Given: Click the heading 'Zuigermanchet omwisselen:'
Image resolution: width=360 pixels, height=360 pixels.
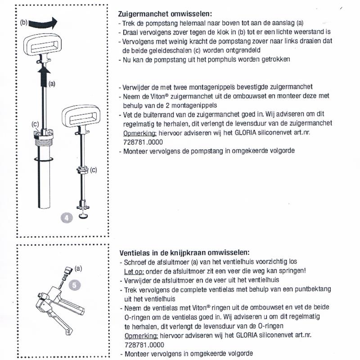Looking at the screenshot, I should tap(165, 13).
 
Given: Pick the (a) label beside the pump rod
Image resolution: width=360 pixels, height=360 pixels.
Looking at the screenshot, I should tap(52, 84).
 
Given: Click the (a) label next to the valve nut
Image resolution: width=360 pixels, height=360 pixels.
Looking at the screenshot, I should tap(78, 269).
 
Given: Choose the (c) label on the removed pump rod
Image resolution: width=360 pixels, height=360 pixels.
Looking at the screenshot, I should tap(94, 170).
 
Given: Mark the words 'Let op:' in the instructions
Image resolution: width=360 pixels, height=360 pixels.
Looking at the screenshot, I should tap(133, 270).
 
